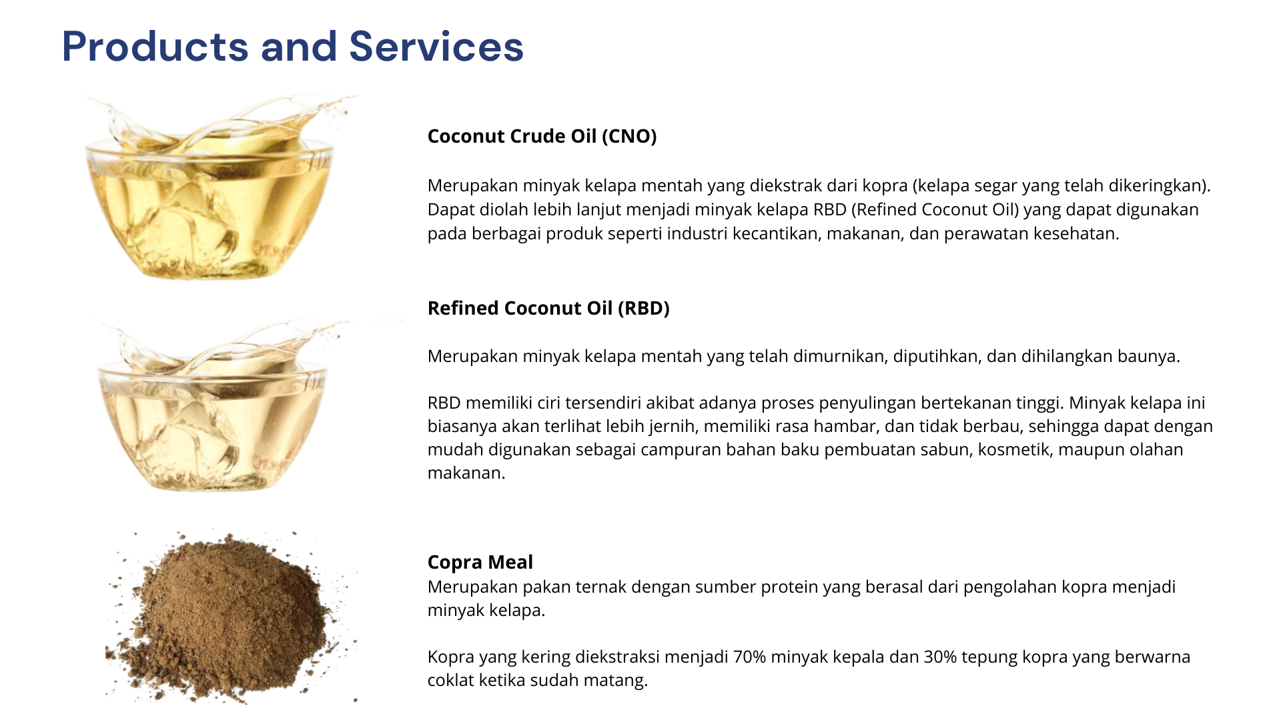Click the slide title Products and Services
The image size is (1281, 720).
point(293,47)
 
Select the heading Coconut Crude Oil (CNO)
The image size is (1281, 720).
point(542,137)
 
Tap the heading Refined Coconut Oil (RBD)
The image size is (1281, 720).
point(548,309)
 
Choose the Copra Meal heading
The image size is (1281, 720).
point(480,563)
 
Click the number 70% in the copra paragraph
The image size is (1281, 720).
point(749,657)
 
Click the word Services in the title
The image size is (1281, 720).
point(436,47)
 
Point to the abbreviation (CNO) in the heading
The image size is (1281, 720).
point(629,137)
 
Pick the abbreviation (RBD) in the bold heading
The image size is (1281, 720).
point(644,309)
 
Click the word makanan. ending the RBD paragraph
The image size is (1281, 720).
point(466,473)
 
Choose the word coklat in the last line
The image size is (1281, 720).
point(451,681)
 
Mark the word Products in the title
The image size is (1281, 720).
point(155,47)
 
